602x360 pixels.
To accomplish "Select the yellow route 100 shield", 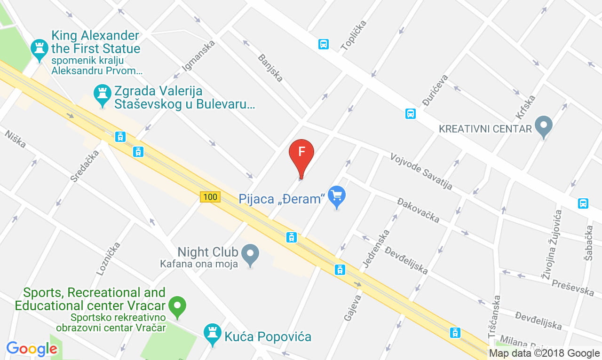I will click(210, 197).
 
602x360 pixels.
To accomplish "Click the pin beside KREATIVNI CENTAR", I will click(544, 126).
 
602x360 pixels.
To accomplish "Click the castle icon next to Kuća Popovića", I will click(213, 333).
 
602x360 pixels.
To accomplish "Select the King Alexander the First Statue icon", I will click(40, 49).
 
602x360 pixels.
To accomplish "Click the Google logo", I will click(32, 349).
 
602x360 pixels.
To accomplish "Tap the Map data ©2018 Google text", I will click(544, 353).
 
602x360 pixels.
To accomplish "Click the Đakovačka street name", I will click(418, 210).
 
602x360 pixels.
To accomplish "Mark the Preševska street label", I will click(573, 287).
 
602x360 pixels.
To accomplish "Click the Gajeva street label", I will click(352, 307).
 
